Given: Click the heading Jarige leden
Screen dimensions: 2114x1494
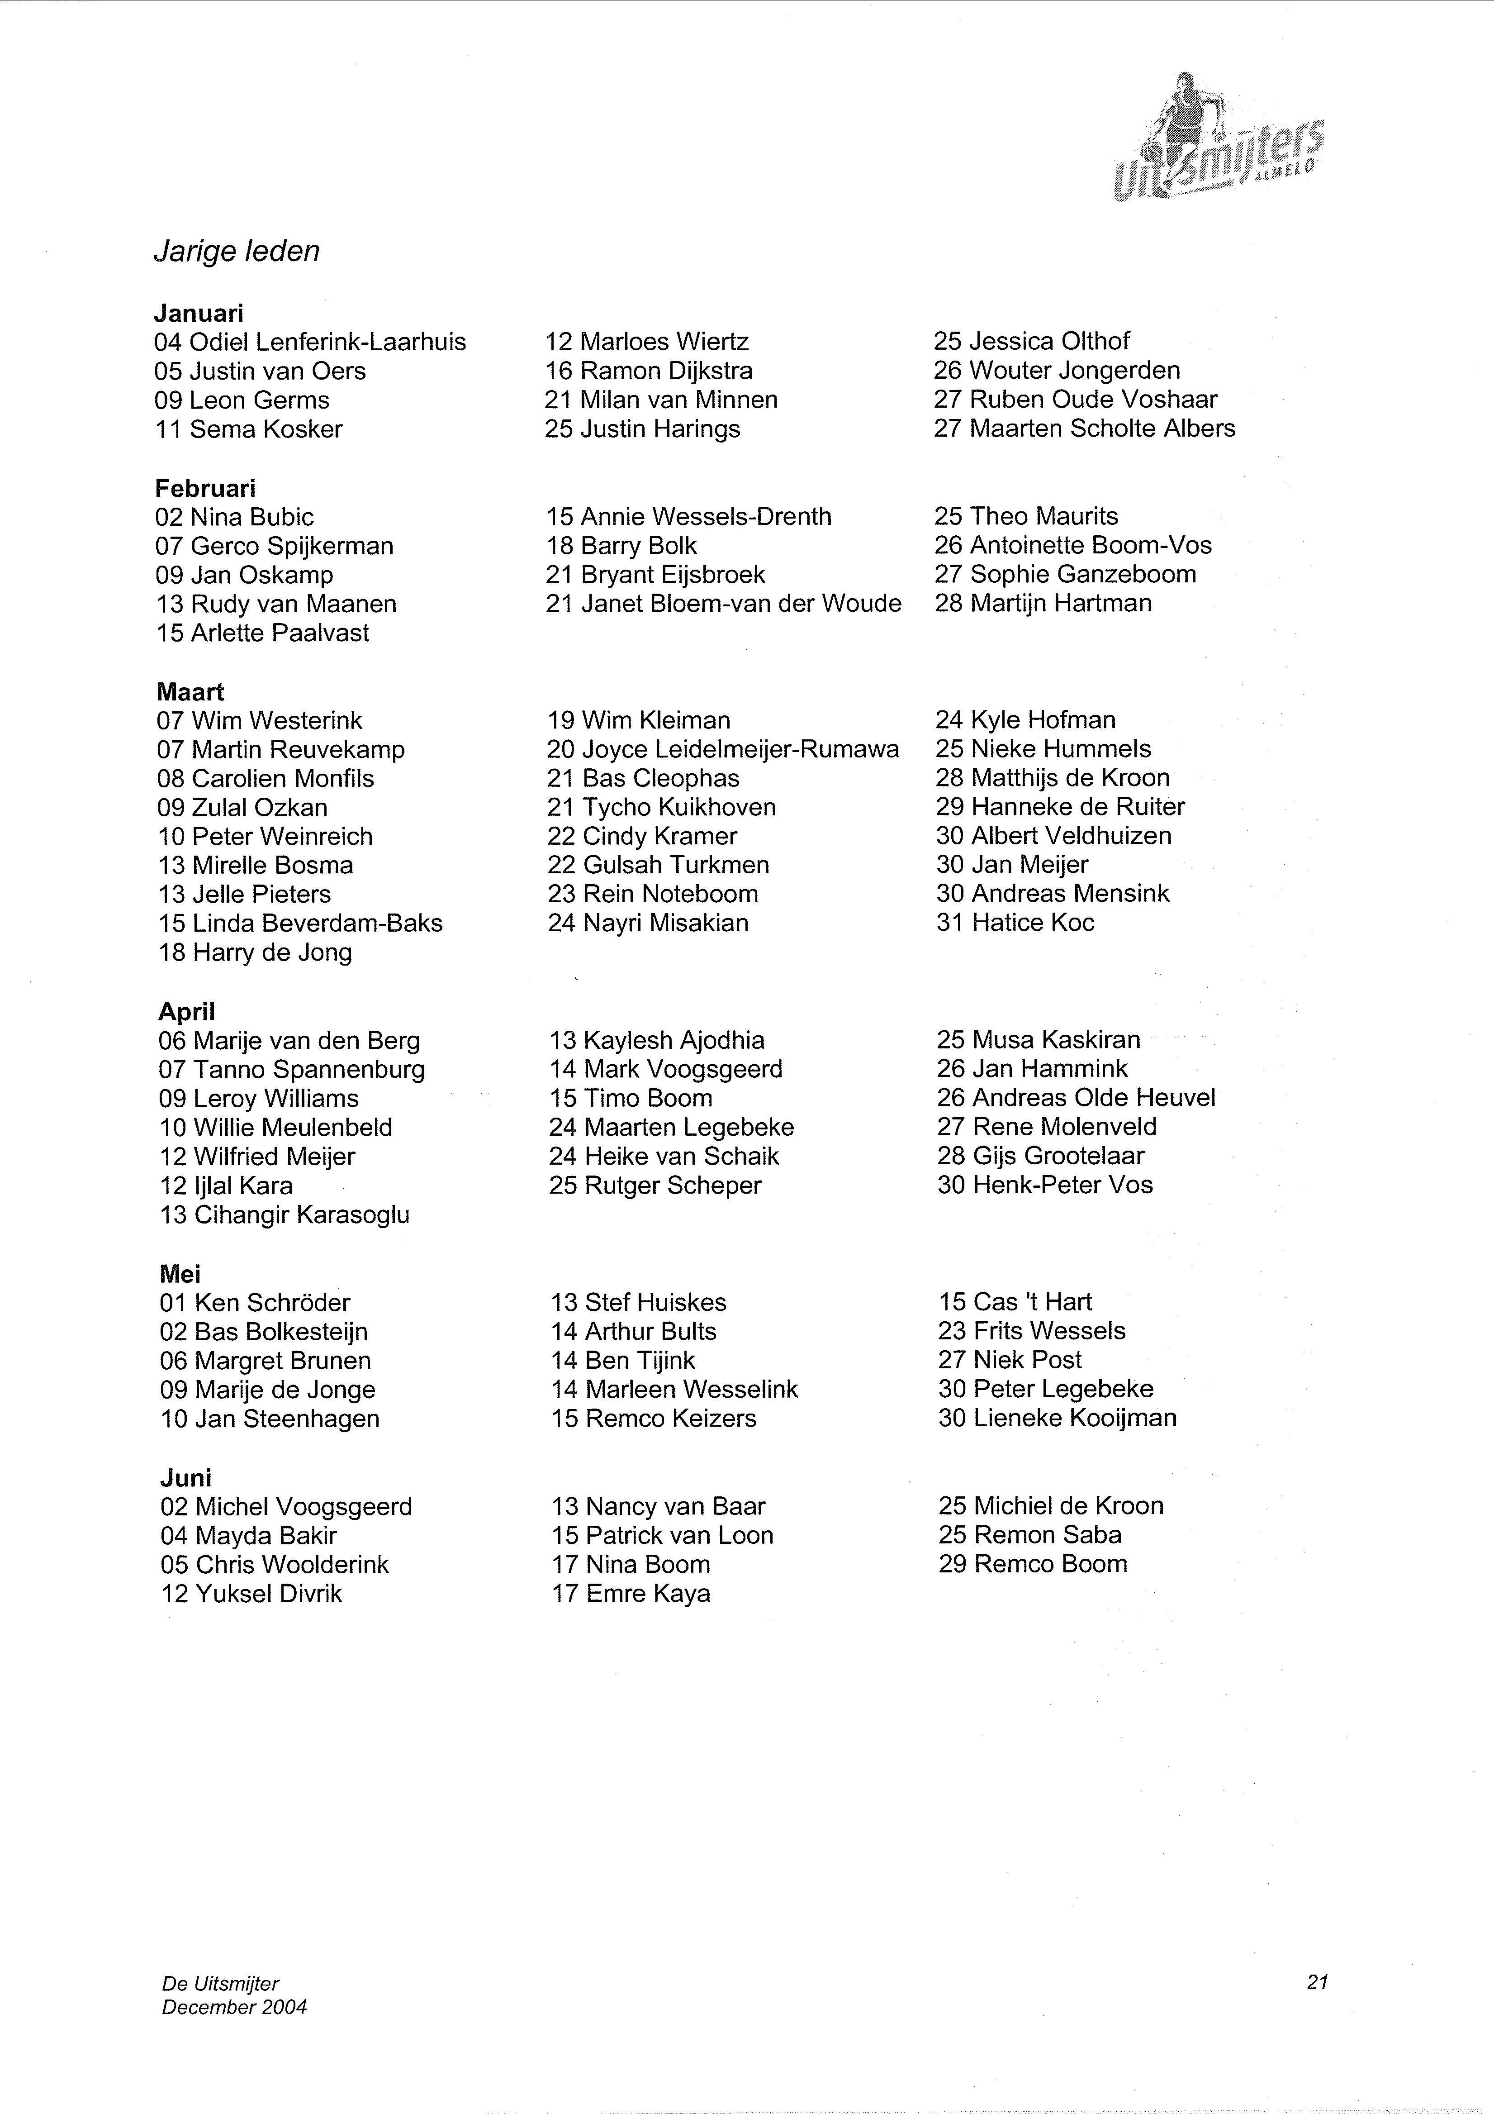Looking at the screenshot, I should pyautogui.click(x=237, y=252).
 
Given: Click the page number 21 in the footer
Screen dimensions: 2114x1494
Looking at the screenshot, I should pyautogui.click(x=1316, y=1982).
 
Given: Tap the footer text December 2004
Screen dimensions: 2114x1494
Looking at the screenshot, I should pyautogui.click(x=235, y=2007).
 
